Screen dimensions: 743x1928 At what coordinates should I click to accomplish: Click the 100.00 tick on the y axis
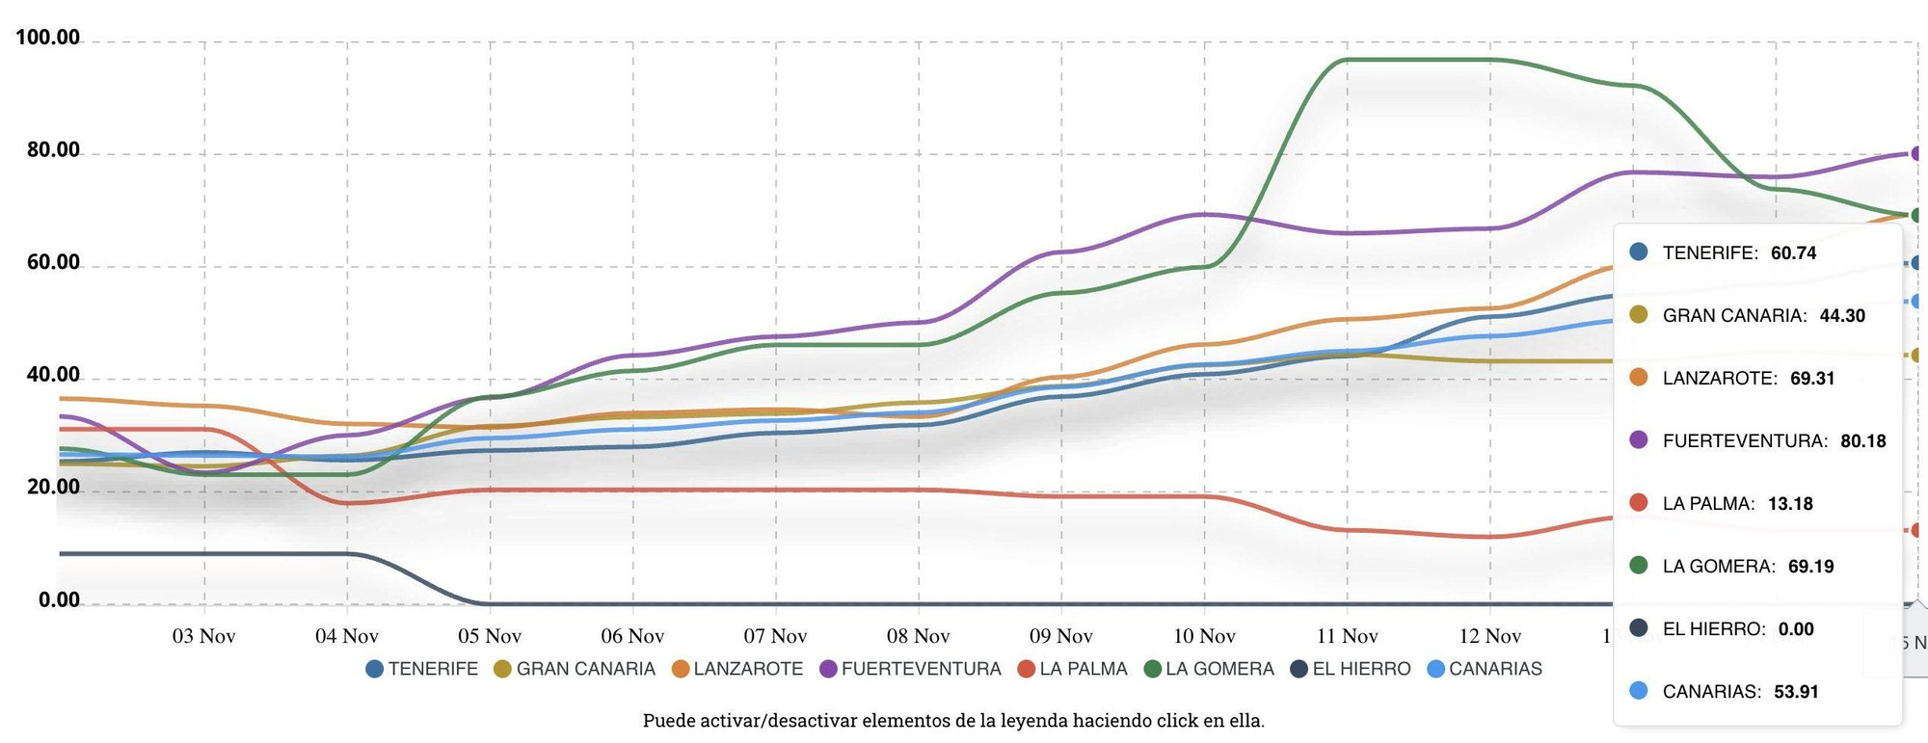click(x=47, y=38)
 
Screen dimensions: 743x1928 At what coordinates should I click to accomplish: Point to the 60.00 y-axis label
click(x=53, y=262)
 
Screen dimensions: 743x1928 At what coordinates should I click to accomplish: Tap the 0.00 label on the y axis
click(x=59, y=600)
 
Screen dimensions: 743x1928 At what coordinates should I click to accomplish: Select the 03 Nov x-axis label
click(x=203, y=636)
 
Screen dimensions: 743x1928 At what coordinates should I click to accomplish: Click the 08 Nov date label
click(x=918, y=636)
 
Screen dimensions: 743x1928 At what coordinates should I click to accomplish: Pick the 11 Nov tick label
click(x=1347, y=636)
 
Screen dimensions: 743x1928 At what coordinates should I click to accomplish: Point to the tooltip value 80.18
click(x=1862, y=441)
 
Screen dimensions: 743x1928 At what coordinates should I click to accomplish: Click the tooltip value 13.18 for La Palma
click(x=1790, y=504)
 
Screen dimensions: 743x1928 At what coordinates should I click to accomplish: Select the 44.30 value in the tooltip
click(x=1842, y=316)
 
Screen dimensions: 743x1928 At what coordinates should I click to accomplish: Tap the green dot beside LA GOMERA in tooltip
click(x=1639, y=566)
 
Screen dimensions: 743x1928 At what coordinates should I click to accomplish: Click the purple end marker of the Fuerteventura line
click(x=1917, y=153)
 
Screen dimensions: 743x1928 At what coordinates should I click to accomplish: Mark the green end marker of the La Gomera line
click(x=1917, y=215)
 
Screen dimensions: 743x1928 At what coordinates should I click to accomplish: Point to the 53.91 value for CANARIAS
click(x=1796, y=692)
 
